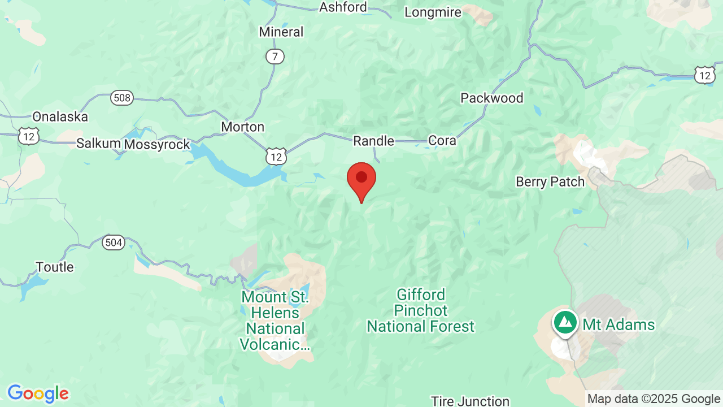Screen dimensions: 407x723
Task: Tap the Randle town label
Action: tap(373, 141)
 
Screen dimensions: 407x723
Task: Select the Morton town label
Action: tap(242, 127)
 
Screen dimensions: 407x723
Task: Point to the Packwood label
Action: tap(491, 98)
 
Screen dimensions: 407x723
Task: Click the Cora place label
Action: tap(442, 140)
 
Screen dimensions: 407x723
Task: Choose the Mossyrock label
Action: tap(157, 144)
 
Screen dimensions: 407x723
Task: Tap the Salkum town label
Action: tap(98, 144)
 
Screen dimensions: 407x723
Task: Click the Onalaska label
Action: tap(60, 117)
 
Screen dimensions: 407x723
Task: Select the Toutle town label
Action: tap(55, 267)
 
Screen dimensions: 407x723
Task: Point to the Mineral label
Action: tap(281, 32)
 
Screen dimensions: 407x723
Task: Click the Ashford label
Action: tap(343, 7)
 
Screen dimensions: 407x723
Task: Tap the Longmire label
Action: tap(433, 12)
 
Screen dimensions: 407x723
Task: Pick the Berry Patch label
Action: tap(550, 181)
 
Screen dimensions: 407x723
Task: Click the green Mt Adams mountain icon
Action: tap(565, 322)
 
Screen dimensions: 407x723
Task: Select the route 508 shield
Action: tap(121, 98)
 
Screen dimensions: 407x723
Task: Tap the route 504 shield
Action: tap(113, 243)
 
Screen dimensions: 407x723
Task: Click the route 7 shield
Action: tap(275, 57)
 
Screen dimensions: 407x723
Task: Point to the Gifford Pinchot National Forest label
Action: tap(421, 310)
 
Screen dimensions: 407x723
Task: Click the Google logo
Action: tap(38, 393)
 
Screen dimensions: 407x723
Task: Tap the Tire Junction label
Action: tap(470, 401)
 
